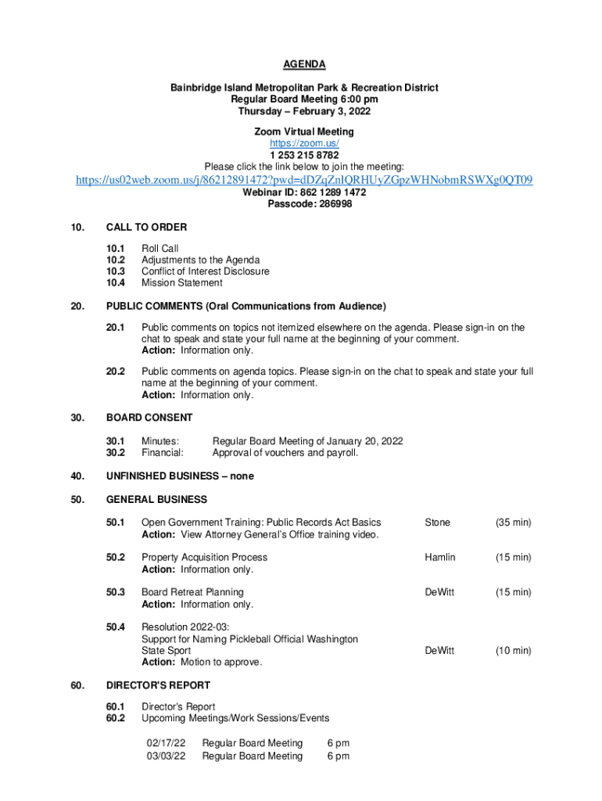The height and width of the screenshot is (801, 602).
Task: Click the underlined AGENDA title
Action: point(304,64)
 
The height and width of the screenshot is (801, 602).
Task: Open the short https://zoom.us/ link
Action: point(304,144)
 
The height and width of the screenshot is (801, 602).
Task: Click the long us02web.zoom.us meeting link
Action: point(304,181)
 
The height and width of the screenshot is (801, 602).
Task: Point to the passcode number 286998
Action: point(331,203)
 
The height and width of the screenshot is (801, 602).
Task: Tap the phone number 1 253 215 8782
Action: point(304,155)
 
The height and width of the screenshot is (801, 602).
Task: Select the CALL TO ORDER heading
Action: point(146,228)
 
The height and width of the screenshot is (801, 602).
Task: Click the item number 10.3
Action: point(116,271)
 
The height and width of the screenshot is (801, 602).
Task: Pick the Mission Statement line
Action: point(181,283)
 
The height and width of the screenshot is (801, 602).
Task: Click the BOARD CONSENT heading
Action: point(149,418)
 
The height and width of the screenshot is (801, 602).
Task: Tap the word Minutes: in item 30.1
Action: point(160,441)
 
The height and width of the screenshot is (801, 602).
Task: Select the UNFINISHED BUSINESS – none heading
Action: point(180,476)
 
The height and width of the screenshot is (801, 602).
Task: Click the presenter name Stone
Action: point(437,523)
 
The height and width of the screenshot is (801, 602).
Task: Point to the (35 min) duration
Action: point(513,523)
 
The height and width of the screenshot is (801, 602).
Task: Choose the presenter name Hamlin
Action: point(439,558)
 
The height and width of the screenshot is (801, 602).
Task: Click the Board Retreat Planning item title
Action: point(192,592)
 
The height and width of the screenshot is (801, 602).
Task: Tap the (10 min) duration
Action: point(513,651)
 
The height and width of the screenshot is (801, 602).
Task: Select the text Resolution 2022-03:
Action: point(185,627)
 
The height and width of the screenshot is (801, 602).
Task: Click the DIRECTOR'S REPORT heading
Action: point(158,685)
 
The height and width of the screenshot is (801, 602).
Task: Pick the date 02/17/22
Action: point(166,743)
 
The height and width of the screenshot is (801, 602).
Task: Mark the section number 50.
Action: point(77,500)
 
